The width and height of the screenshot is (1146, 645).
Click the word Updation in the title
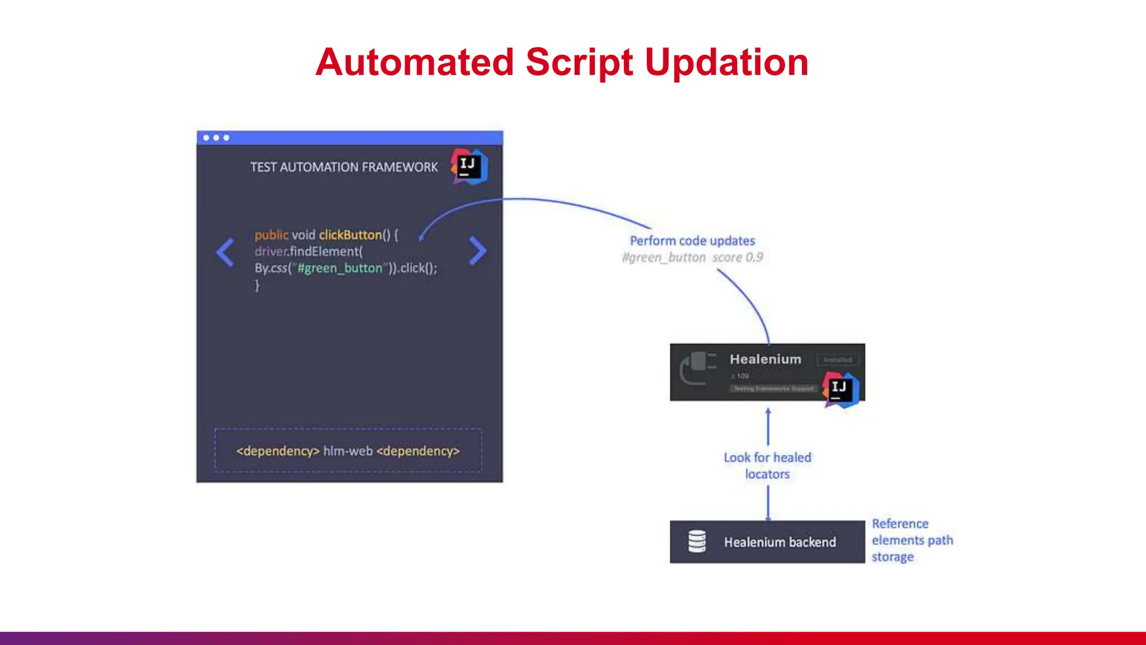726,63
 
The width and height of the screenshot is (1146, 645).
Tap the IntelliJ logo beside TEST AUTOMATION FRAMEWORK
469,166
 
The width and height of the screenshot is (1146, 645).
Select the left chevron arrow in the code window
225,252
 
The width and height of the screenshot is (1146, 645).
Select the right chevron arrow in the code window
477,250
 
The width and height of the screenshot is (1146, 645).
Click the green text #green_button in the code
340,268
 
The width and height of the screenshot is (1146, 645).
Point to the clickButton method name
350,235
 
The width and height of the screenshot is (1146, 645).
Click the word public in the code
271,235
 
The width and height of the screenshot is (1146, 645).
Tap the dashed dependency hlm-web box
347,451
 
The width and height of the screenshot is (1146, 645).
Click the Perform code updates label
692,241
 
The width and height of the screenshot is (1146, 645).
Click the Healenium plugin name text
765,359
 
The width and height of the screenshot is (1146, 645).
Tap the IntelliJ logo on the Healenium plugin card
840,389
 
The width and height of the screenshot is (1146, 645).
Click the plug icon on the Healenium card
697,368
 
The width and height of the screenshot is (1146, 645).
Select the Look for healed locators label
767,466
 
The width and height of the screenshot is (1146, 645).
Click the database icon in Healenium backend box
697,541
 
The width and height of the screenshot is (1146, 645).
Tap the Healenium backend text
779,542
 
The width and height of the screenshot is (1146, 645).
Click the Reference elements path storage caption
912,540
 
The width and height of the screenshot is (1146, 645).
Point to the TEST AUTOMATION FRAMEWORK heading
344,167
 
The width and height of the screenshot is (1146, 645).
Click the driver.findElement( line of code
308,251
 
